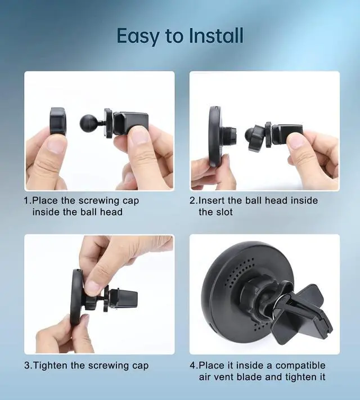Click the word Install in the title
tap(214, 35)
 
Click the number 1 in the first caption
tap(26, 200)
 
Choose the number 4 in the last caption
tap(192, 365)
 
